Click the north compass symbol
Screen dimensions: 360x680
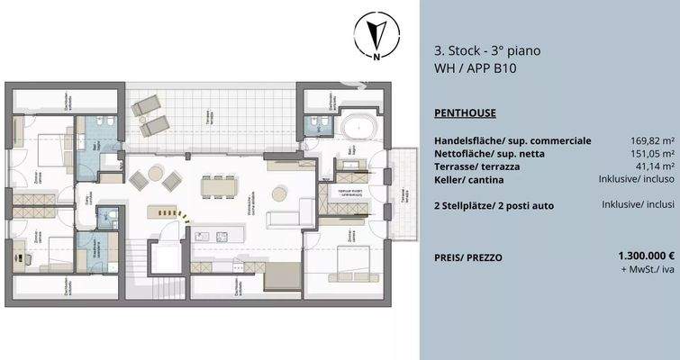376,38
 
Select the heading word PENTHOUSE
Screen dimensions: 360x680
465,113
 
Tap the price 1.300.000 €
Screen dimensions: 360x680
642,256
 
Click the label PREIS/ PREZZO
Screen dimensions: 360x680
467,257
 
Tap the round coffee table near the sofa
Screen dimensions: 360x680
280,191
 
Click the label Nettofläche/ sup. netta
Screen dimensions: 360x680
487,154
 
